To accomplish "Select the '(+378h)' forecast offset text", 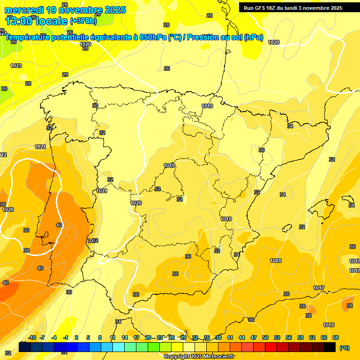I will (x=83, y=21).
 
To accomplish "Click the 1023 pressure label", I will (x=16, y=66).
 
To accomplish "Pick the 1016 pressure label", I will (x=329, y=325).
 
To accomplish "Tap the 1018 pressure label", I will (x=276, y=261).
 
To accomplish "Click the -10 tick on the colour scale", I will (x=32, y=338).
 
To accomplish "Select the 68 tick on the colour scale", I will (x=336, y=338).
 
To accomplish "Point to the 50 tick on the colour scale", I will (x=265, y=338).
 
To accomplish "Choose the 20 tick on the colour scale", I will (x=148, y=338).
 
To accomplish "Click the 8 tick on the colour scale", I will (x=100, y=338).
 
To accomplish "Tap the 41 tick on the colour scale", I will (x=230, y=338).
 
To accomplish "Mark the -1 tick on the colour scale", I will (x=65, y=338).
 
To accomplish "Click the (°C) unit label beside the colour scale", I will (x=344, y=348).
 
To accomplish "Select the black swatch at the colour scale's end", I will (x=330, y=347).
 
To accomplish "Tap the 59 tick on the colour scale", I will (x=300, y=338).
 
